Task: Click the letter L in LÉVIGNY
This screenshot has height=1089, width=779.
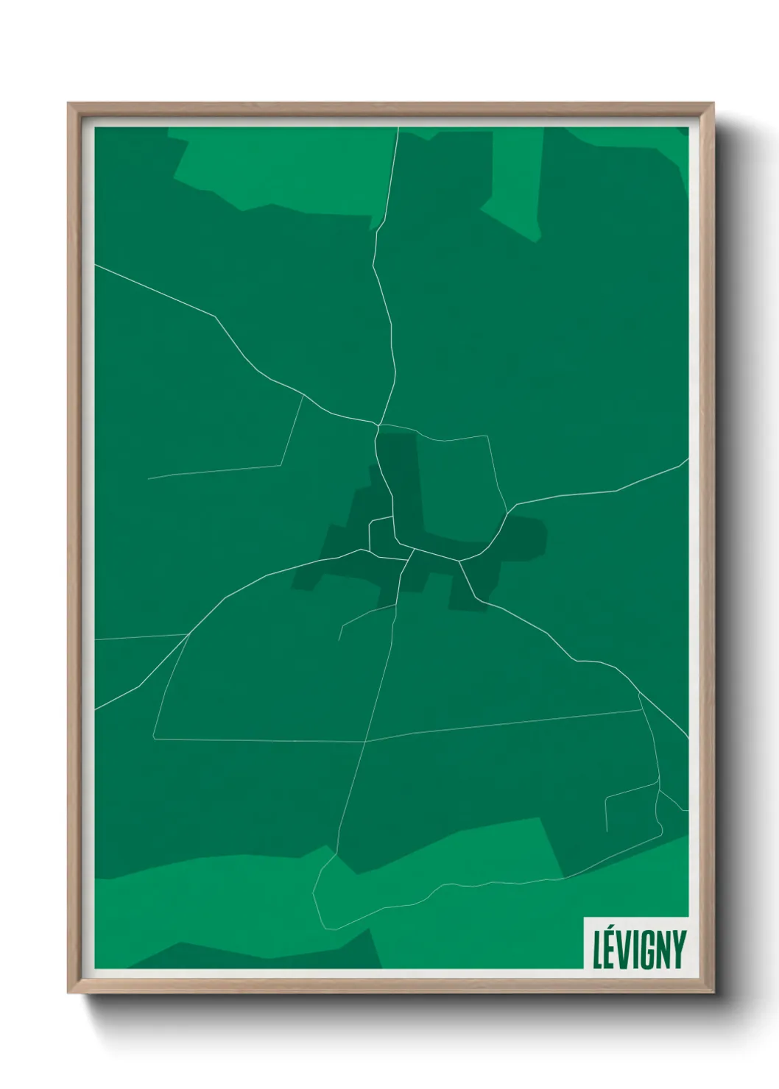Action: (x=599, y=950)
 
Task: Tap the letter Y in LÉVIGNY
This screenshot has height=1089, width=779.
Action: (x=677, y=950)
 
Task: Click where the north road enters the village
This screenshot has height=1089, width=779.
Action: (x=378, y=425)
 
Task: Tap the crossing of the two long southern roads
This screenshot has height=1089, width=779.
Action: (x=365, y=742)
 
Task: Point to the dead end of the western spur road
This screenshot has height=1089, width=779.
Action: (x=149, y=479)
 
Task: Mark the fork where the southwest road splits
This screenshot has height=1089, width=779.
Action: (x=188, y=634)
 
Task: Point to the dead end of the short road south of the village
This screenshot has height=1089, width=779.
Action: (x=339, y=639)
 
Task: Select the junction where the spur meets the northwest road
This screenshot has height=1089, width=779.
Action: (x=303, y=396)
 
